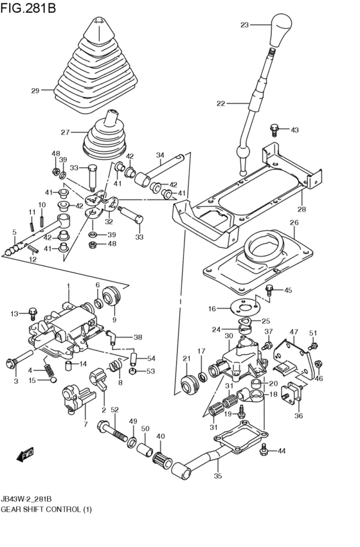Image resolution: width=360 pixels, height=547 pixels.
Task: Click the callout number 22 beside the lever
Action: [221, 103]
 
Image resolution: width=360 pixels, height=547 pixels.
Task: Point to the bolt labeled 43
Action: [274, 129]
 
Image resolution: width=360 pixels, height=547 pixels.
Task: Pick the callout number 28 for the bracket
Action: [301, 210]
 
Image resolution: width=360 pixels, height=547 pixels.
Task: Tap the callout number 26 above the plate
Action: [294, 223]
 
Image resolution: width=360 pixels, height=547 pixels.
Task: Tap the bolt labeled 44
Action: [264, 451]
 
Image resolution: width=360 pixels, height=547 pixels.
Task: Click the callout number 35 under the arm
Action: [217, 476]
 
